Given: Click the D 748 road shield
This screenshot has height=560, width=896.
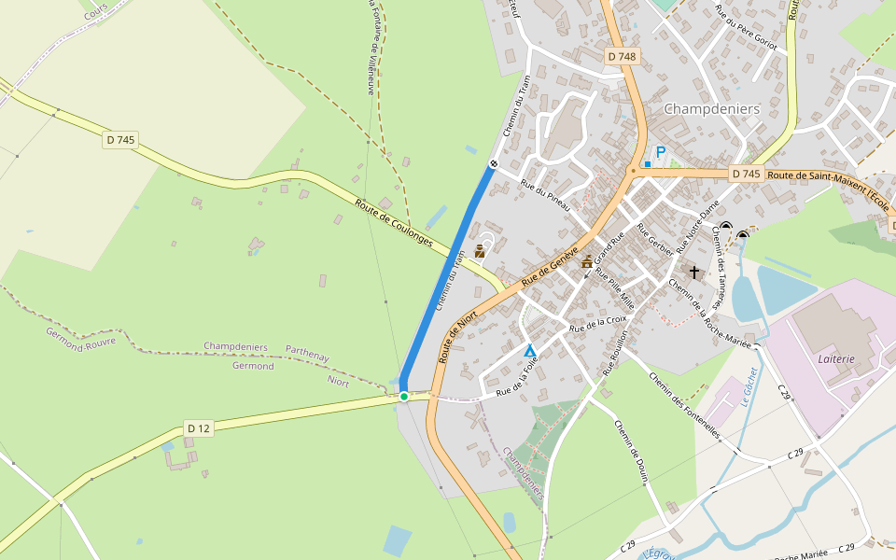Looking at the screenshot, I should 621,56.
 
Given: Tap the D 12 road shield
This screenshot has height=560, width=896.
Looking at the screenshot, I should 199,428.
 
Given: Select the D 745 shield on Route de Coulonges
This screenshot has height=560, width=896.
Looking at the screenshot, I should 120,140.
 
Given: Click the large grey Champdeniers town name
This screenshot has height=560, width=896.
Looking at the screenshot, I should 711,109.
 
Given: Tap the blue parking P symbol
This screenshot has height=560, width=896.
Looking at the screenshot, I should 661,152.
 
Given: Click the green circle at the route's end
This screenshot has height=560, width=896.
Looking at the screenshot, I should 404,397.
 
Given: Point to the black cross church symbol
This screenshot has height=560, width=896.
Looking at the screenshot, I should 694,272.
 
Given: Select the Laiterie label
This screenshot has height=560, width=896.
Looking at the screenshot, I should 836,358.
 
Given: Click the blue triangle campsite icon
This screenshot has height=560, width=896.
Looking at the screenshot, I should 530,350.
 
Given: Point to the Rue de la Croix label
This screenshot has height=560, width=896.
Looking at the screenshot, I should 598,324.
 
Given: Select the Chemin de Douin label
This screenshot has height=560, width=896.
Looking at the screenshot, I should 631,453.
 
